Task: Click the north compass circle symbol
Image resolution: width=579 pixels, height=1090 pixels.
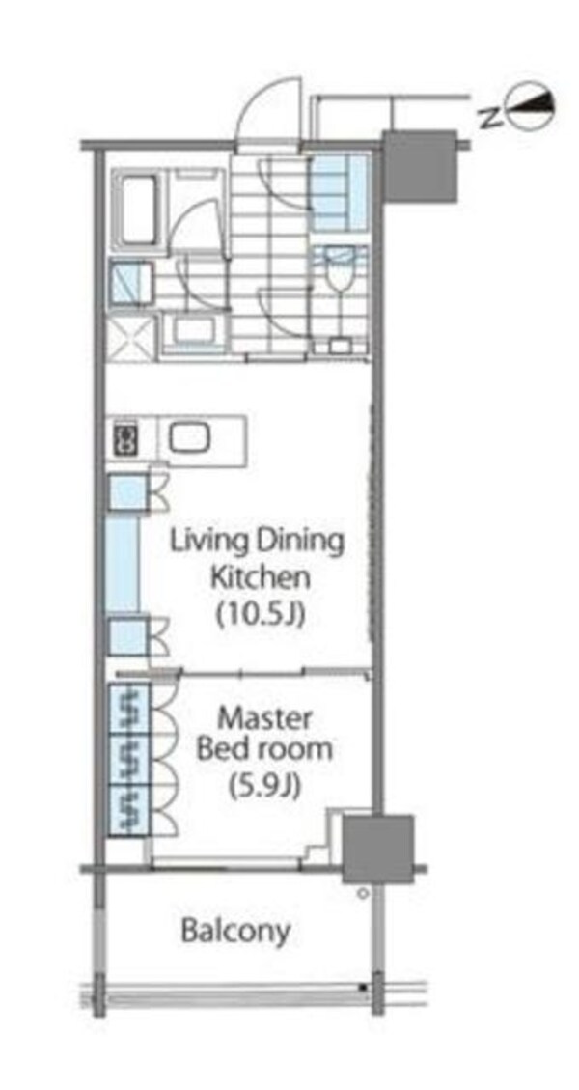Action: pos(533,107)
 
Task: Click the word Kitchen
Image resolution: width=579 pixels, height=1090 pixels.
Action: pos(260,577)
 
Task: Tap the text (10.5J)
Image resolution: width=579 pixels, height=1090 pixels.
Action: pos(261,614)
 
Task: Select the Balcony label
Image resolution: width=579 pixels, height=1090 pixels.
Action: pos(235,930)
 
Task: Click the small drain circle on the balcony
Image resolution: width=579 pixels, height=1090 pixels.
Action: pos(362,893)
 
